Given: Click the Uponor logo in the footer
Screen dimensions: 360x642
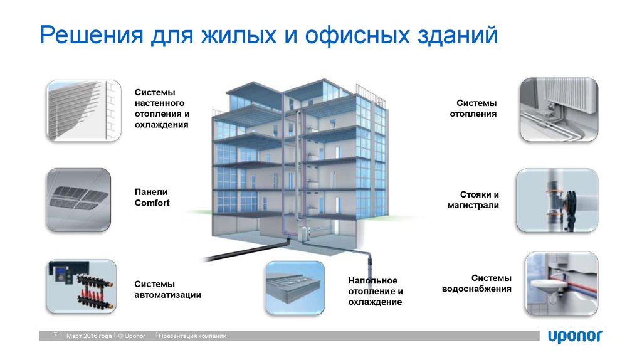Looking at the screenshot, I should [x=575, y=336].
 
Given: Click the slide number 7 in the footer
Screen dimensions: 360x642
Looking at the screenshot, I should [x=55, y=335].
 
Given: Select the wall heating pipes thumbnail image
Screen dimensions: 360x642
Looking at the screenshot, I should [x=83, y=109].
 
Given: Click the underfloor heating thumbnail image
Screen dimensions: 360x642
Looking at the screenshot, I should [x=294, y=288].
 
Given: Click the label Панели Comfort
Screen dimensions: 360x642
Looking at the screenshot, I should [x=152, y=198].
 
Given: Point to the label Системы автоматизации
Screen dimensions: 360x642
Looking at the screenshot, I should [x=167, y=289].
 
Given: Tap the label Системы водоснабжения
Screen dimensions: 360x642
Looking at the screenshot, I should [x=476, y=283].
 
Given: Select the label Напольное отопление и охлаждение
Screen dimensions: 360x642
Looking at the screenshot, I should [x=375, y=291].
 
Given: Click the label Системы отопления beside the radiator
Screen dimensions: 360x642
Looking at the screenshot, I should [x=476, y=108].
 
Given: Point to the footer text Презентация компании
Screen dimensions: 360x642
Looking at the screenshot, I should [x=192, y=336].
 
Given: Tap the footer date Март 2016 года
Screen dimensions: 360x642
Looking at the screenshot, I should [x=89, y=336].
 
